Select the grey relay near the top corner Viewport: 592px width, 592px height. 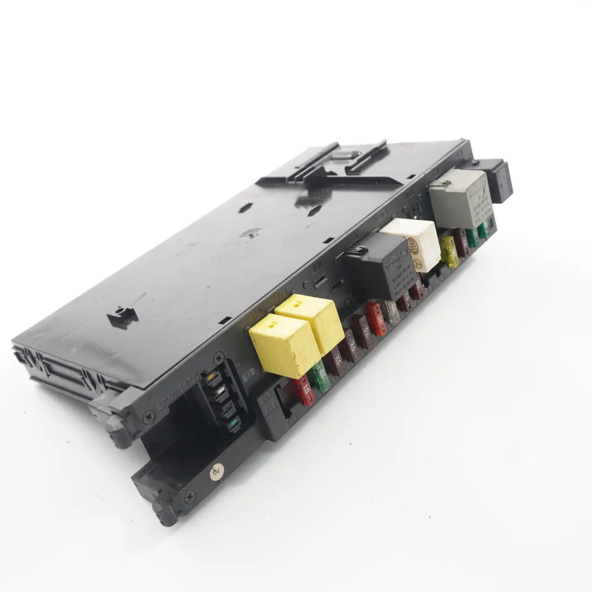pos(459,197)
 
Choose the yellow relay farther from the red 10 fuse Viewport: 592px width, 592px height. pos(310,322)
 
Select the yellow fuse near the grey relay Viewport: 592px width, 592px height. pos(449,253)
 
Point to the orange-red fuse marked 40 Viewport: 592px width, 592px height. pos(377,319)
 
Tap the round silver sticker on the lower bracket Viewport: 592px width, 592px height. pos(215,470)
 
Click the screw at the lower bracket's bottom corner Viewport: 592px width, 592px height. pos(190,498)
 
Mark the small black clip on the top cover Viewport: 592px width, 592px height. pos(123,316)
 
